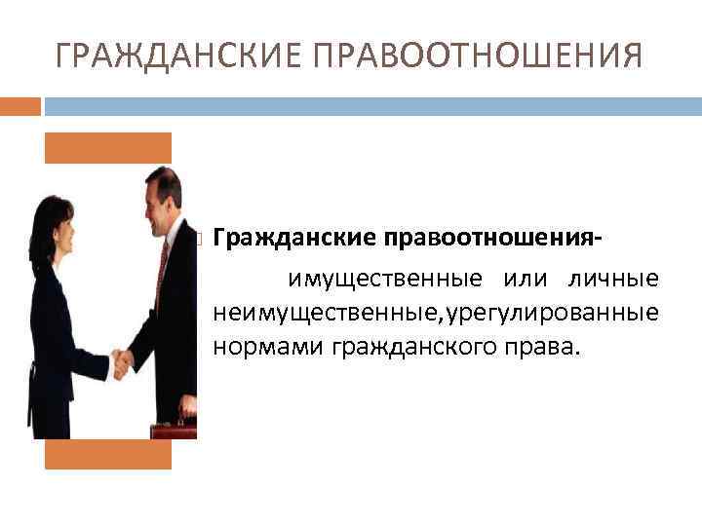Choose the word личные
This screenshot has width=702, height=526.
613,281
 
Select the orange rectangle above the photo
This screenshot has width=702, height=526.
108,147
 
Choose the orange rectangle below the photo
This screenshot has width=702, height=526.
108,454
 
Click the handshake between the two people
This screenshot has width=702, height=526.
123,363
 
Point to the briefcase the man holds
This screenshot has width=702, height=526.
175,430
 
